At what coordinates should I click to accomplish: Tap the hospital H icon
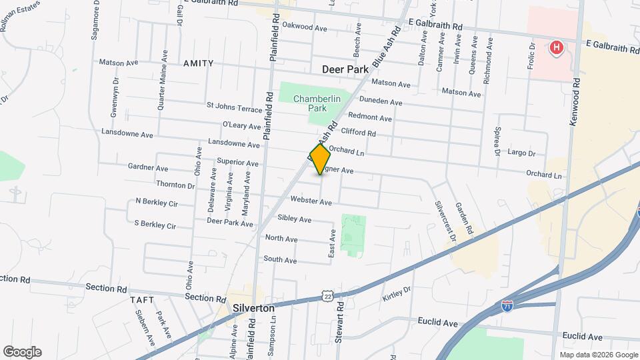(555, 48)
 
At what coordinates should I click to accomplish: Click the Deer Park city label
(345, 69)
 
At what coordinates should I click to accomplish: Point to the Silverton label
(254, 309)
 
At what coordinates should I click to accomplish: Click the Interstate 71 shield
(508, 306)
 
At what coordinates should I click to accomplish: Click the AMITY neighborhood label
(198, 63)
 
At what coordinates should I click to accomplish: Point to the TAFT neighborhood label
(142, 300)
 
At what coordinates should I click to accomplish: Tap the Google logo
(22, 352)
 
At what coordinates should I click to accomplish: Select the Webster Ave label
(311, 201)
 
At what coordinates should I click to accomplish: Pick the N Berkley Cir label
(157, 201)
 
